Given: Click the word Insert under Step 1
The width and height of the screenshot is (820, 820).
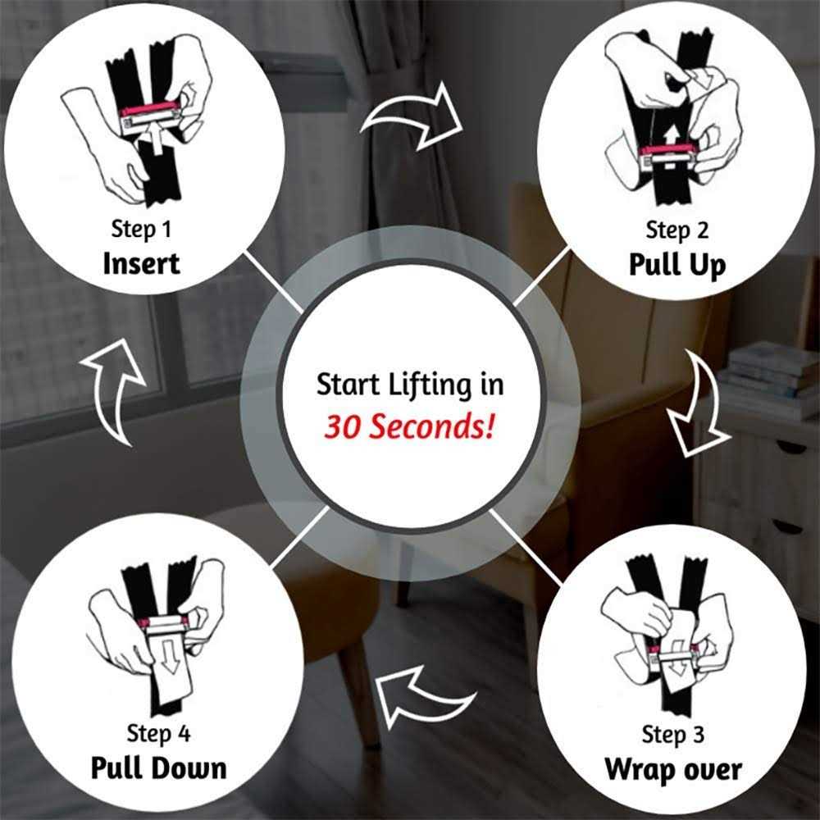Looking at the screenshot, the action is click(x=141, y=263).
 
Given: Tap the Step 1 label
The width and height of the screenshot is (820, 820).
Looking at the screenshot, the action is click(x=141, y=229).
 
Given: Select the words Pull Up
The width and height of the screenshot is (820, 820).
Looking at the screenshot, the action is click(x=677, y=265).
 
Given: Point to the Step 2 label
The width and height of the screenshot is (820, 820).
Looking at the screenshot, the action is click(x=677, y=230).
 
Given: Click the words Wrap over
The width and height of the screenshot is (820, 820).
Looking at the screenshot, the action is click(x=673, y=770).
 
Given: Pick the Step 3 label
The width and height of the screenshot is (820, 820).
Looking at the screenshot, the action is click(x=673, y=734).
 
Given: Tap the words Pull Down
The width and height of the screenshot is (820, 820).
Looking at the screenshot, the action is click(x=158, y=768).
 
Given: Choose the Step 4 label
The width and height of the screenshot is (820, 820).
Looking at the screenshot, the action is click(x=158, y=733).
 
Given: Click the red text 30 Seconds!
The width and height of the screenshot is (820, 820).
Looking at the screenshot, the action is click(x=409, y=426).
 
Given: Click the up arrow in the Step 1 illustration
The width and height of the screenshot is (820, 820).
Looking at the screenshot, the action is click(x=157, y=138).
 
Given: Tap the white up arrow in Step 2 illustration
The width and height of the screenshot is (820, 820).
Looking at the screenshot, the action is click(x=671, y=137).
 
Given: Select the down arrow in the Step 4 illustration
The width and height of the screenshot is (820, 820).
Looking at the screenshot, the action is click(x=168, y=659).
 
